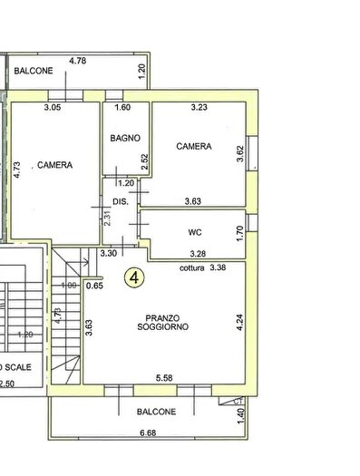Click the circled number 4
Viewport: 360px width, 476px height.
134,277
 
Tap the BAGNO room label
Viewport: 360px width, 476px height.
124,139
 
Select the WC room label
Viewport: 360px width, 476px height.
194,232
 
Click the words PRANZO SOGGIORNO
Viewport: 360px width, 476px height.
165,322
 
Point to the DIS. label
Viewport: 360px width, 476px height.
119,201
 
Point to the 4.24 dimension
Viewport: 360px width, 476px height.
239,324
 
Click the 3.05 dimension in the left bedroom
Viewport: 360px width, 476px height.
53,109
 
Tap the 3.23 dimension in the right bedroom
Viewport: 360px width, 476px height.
199,109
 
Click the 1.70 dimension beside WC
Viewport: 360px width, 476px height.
239,232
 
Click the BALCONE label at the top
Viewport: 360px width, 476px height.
33,71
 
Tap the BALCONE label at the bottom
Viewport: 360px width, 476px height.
157,412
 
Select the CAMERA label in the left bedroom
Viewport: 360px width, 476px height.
54,165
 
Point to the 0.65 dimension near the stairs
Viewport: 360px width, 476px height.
94,287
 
